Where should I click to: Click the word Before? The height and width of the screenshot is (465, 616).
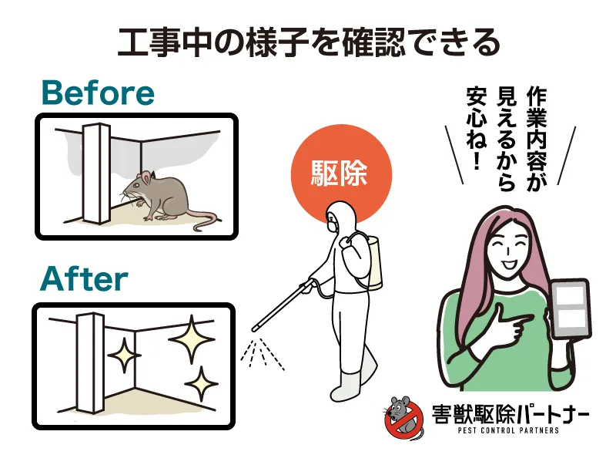click(98, 93)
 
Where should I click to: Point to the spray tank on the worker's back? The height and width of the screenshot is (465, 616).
click(372, 261)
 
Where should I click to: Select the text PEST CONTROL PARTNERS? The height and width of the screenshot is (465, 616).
click(508, 430)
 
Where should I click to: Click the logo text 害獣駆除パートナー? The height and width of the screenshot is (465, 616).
click(511, 413)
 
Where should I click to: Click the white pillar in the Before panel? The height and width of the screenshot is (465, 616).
click(96, 174)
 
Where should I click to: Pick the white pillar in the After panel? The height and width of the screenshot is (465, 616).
click(91, 362)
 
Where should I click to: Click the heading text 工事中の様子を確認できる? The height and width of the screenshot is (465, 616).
click(309, 42)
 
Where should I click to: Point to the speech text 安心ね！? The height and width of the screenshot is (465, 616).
click(477, 129)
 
